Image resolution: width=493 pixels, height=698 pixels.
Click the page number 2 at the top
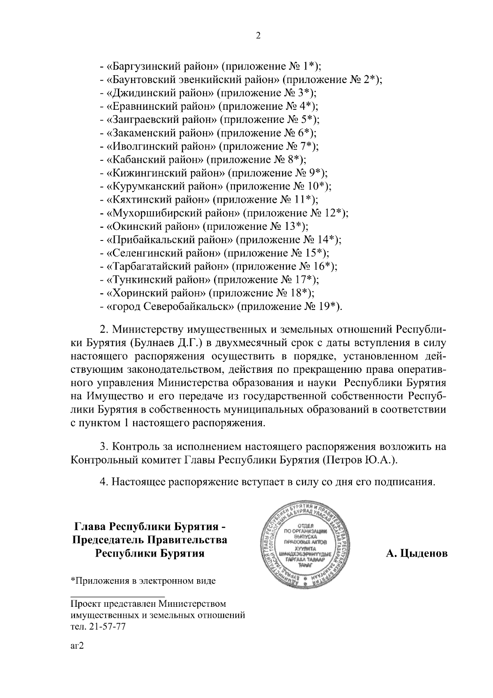(x=258, y=36)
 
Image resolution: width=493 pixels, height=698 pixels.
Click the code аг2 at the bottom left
(x=77, y=646)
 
